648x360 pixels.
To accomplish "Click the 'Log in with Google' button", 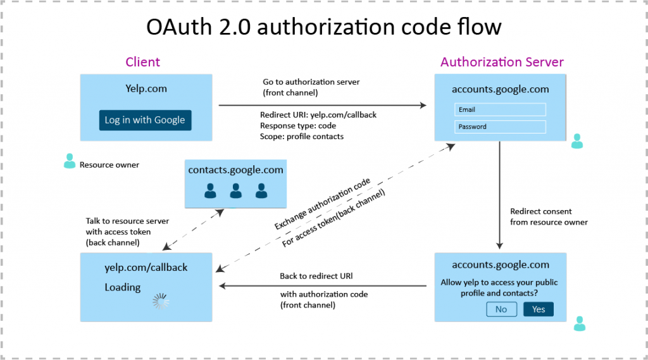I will [145, 120].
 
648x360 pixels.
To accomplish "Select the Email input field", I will [499, 109].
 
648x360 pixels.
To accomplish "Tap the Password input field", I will [499, 127].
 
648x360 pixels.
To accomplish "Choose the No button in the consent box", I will [501, 309].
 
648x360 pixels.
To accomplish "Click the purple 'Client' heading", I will [142, 62].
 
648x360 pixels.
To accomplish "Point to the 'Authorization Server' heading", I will [502, 62].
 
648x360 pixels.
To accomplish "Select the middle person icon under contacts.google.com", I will [235, 191].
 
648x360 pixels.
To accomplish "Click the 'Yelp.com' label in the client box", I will [146, 89].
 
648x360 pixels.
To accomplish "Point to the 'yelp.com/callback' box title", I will [146, 268].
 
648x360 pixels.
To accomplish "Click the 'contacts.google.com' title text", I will [235, 170].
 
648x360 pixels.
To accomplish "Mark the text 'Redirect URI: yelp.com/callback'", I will [318, 115].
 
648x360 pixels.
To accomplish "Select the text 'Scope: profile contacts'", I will [303, 135].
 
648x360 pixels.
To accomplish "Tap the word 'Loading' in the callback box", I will [122, 287].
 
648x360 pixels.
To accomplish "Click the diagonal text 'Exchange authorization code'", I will [323, 204].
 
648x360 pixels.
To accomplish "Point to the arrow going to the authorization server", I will [323, 106].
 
